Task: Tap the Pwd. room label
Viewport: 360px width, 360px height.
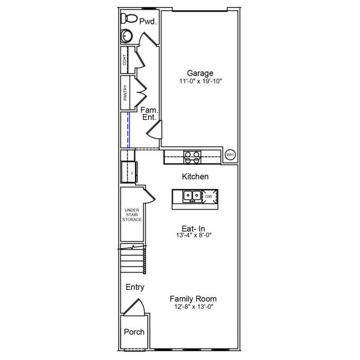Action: (148, 22)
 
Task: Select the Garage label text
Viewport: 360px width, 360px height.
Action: (200, 73)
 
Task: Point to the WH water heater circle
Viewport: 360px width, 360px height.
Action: (229, 155)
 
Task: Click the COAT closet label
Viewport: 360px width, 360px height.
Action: (125, 60)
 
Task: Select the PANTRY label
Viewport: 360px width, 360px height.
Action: (125, 93)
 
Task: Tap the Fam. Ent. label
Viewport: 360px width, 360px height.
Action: (149, 114)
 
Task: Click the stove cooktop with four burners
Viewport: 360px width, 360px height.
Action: (191, 157)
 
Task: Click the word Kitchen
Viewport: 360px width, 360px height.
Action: (195, 177)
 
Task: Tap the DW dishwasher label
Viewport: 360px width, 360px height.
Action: (209, 196)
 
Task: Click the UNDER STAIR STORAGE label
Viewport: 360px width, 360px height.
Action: (132, 215)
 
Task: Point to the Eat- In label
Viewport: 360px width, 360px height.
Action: (193, 228)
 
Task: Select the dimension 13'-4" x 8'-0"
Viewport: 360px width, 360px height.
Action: (193, 235)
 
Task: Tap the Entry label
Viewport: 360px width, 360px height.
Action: (135, 287)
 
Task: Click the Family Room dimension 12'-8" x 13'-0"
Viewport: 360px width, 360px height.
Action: (193, 307)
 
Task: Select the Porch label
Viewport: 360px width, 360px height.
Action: (134, 332)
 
